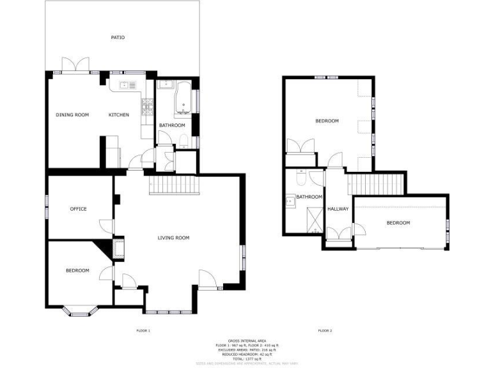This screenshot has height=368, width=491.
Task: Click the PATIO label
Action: (117, 38)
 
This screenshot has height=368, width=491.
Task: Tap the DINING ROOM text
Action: (72, 115)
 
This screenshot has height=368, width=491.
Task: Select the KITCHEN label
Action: (118, 115)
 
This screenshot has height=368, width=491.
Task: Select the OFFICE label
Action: (78, 209)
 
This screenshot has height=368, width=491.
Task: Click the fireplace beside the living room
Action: (117, 247)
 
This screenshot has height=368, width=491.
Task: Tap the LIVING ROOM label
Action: (174, 238)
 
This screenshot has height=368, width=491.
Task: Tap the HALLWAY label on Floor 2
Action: (338, 209)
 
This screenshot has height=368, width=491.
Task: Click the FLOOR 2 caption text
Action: (325, 331)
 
